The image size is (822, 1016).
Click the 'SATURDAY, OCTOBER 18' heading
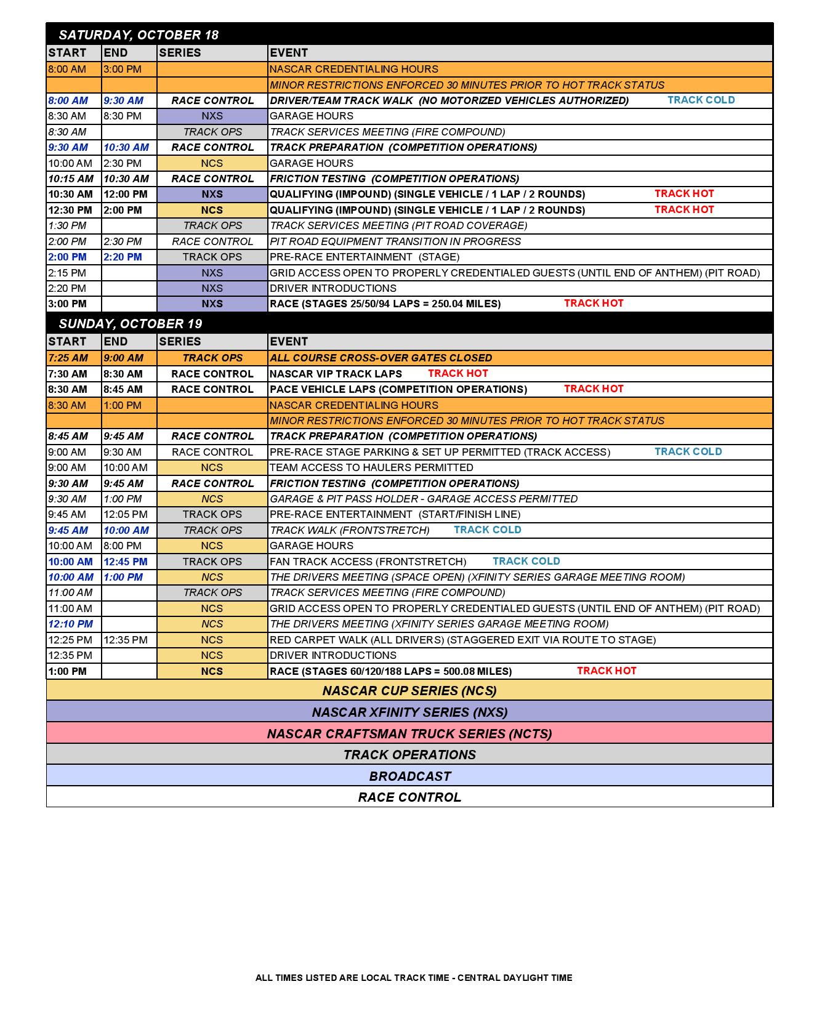click(139, 35)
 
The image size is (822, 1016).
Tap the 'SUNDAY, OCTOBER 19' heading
click(130, 324)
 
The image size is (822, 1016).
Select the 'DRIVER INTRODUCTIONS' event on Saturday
click(332, 288)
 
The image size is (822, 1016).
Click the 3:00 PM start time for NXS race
click(68, 304)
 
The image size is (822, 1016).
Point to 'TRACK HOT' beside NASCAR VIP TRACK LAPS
click(457, 373)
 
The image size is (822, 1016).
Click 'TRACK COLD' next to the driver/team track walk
click(701, 100)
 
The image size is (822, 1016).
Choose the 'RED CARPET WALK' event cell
click(462, 640)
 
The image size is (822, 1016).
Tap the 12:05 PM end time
click(126, 514)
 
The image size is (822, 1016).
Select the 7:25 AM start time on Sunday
click(68, 358)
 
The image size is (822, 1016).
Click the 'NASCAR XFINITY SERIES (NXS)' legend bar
click(409, 712)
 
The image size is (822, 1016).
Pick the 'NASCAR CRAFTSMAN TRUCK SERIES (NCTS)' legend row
click(409, 733)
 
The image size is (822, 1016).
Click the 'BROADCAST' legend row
click(409, 776)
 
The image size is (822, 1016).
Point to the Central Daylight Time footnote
click(414, 977)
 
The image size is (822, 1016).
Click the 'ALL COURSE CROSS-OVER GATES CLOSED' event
click(381, 358)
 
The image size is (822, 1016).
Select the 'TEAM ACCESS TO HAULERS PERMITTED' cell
click(371, 467)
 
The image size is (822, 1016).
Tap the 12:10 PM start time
click(71, 624)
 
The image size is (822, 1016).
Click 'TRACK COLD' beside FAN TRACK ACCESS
click(526, 561)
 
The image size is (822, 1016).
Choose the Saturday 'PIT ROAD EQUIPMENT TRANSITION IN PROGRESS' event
click(395, 241)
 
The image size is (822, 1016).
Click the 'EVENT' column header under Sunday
click(289, 342)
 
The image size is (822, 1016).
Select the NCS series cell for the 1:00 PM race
click(212, 671)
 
